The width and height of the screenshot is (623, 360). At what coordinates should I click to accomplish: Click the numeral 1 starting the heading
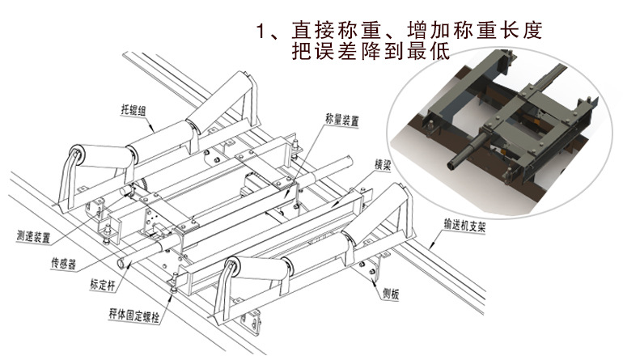[261, 32]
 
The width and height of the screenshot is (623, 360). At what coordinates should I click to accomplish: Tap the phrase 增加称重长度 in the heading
[464, 32]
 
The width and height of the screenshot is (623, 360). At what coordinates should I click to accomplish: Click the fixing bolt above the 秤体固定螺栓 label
[174, 283]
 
